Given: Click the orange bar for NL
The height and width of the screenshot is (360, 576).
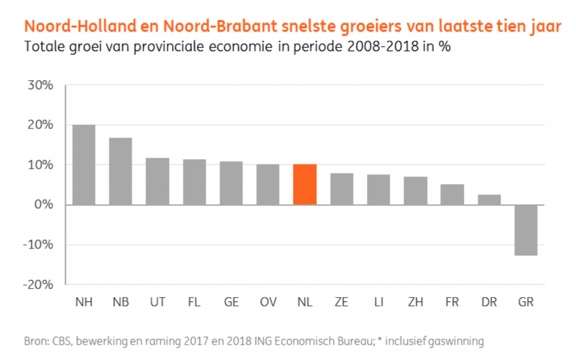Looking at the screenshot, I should tap(304, 184).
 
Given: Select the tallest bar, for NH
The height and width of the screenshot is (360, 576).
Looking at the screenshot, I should tap(84, 165).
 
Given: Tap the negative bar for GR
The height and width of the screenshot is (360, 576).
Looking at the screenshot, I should tap(525, 230).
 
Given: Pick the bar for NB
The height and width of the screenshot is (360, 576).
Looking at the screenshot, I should tap(120, 171).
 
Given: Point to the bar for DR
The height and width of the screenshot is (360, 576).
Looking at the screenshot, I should tap(489, 200).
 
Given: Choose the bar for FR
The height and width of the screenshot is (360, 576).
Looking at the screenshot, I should tap(452, 195).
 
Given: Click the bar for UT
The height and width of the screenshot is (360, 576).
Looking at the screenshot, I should tap(157, 181).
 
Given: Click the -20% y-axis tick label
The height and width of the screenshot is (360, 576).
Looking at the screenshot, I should tap(38, 285).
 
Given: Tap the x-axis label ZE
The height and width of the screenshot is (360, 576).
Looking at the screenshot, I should tap(341, 303).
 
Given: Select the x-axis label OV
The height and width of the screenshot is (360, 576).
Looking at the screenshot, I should tap(268, 303).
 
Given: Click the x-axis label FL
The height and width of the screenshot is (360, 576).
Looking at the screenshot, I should tap(194, 303).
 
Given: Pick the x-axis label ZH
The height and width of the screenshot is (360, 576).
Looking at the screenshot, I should tap(415, 303).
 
